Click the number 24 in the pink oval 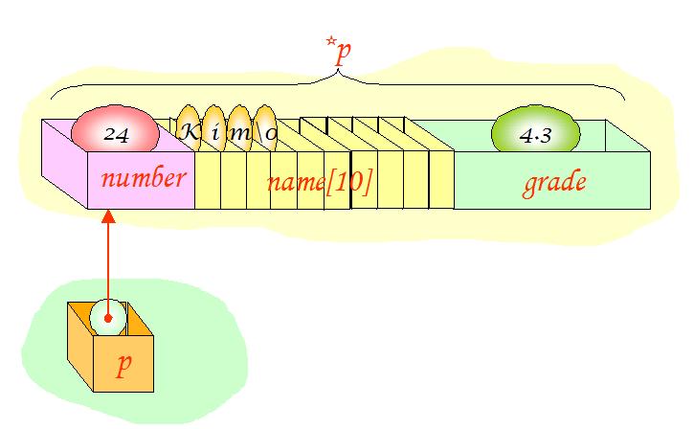pos(117,136)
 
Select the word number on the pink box pos(143,178)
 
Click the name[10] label pos(319,182)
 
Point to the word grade pos(553,182)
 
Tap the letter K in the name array pos(190,132)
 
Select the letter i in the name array pos(216,133)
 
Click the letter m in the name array pos(240,133)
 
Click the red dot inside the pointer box pos(109,317)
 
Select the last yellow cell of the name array pos(440,177)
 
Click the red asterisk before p pos(330,44)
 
